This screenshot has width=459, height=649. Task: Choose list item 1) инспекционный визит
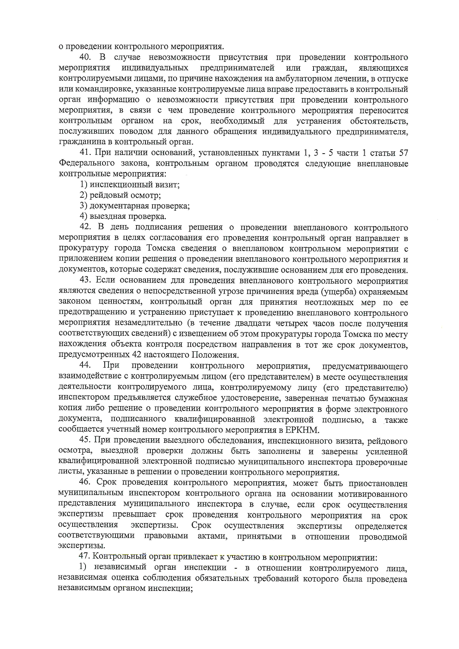130,184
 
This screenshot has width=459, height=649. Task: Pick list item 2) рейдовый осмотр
120,195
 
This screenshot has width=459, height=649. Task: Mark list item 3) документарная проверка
135,206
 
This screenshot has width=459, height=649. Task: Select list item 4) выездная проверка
123,217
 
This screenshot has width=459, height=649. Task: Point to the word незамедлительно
148,323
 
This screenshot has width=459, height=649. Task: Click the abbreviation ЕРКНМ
302,430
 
